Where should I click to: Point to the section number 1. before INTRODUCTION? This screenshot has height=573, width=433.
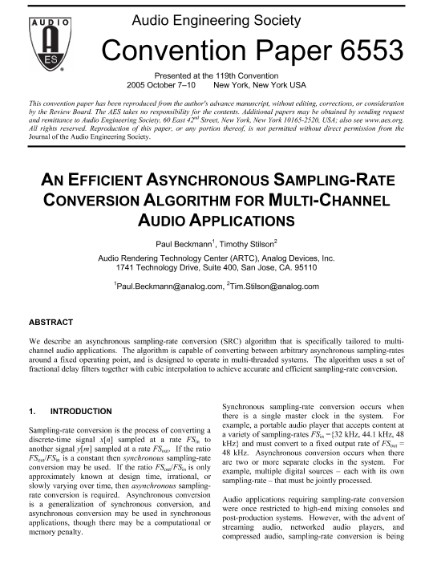32,411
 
